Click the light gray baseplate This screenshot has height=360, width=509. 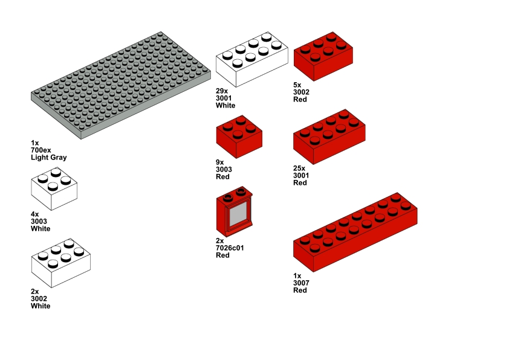click(121, 85)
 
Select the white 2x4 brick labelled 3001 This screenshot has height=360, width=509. click(251, 60)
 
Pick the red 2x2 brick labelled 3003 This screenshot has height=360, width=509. click(239, 137)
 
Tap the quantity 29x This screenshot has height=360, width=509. click(222, 91)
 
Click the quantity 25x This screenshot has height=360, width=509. click(299, 169)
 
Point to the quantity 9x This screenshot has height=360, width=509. click(220, 162)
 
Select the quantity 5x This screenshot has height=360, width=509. click(297, 85)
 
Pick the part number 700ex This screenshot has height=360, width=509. click(41, 150)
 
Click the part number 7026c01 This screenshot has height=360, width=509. click(230, 248)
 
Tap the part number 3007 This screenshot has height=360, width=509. click(300, 283)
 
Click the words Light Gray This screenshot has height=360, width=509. click(49, 158)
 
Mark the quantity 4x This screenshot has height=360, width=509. click(35, 214)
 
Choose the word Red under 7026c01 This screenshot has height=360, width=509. click(223, 255)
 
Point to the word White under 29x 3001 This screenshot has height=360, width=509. click(225, 105)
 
